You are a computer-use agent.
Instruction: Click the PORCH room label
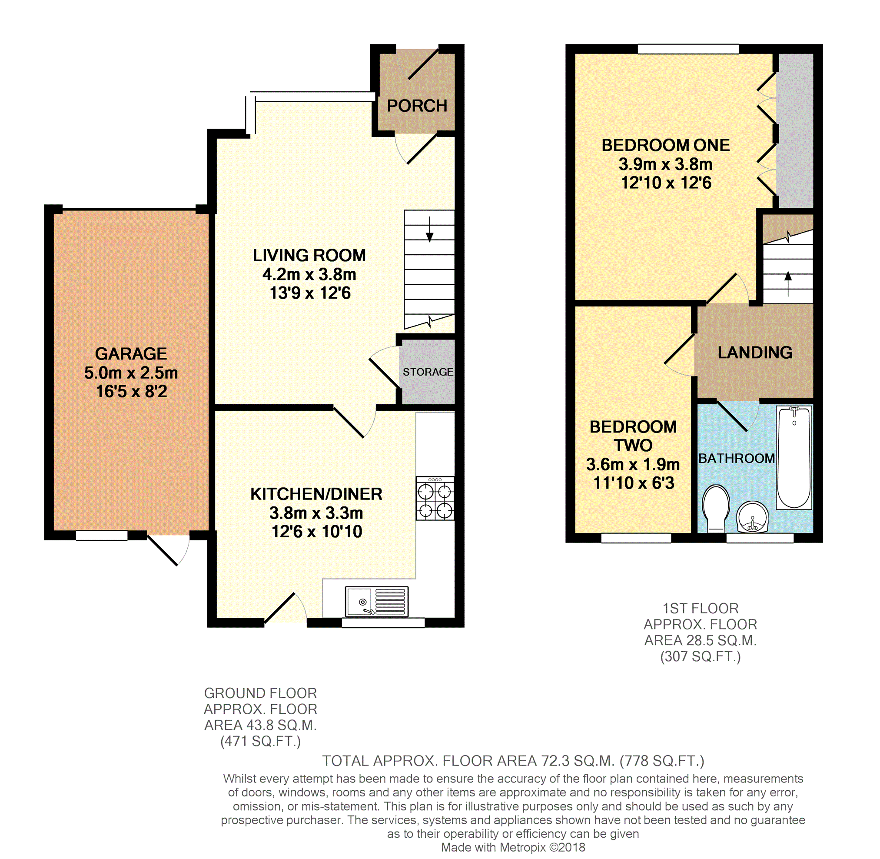417,106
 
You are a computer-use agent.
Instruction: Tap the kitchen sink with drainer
377,601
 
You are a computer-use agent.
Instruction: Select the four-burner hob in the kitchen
435,499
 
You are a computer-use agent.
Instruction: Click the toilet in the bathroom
716,509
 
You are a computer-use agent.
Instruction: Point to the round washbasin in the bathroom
752,516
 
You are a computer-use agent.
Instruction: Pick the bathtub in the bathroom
794,457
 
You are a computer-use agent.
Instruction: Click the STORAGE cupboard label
428,372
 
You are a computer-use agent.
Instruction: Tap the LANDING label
755,353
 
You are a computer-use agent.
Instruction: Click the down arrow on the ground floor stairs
429,230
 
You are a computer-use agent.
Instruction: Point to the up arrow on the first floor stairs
788,284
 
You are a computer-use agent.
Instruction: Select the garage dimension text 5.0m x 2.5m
131,373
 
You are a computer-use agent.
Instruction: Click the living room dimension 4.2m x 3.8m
309,274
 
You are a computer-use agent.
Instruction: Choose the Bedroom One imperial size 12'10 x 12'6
666,183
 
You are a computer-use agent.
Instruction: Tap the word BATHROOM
737,458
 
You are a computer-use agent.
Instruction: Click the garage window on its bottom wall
102,536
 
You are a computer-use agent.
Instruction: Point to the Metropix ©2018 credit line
513,848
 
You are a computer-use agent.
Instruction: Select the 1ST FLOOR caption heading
701,609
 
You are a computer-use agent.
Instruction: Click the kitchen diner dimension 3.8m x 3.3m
316,513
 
